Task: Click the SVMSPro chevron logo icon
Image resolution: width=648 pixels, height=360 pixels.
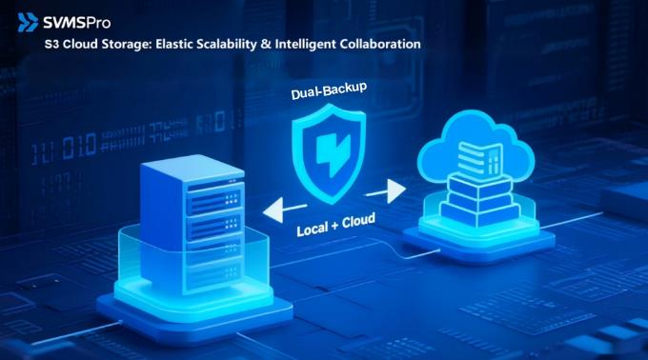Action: tap(28, 22)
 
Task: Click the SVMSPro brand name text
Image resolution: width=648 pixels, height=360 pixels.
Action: tap(77, 23)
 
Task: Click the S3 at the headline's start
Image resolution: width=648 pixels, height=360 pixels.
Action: tap(51, 45)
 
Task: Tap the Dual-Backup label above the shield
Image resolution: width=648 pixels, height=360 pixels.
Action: tap(329, 90)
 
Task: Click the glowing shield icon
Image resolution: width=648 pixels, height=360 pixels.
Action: tap(329, 153)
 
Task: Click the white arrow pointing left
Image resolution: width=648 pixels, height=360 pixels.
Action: tap(284, 210)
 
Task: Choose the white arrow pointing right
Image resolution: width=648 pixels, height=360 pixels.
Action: tap(386, 191)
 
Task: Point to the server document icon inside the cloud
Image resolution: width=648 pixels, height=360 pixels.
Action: tap(480, 158)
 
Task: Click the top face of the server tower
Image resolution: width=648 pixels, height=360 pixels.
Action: tap(192, 170)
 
